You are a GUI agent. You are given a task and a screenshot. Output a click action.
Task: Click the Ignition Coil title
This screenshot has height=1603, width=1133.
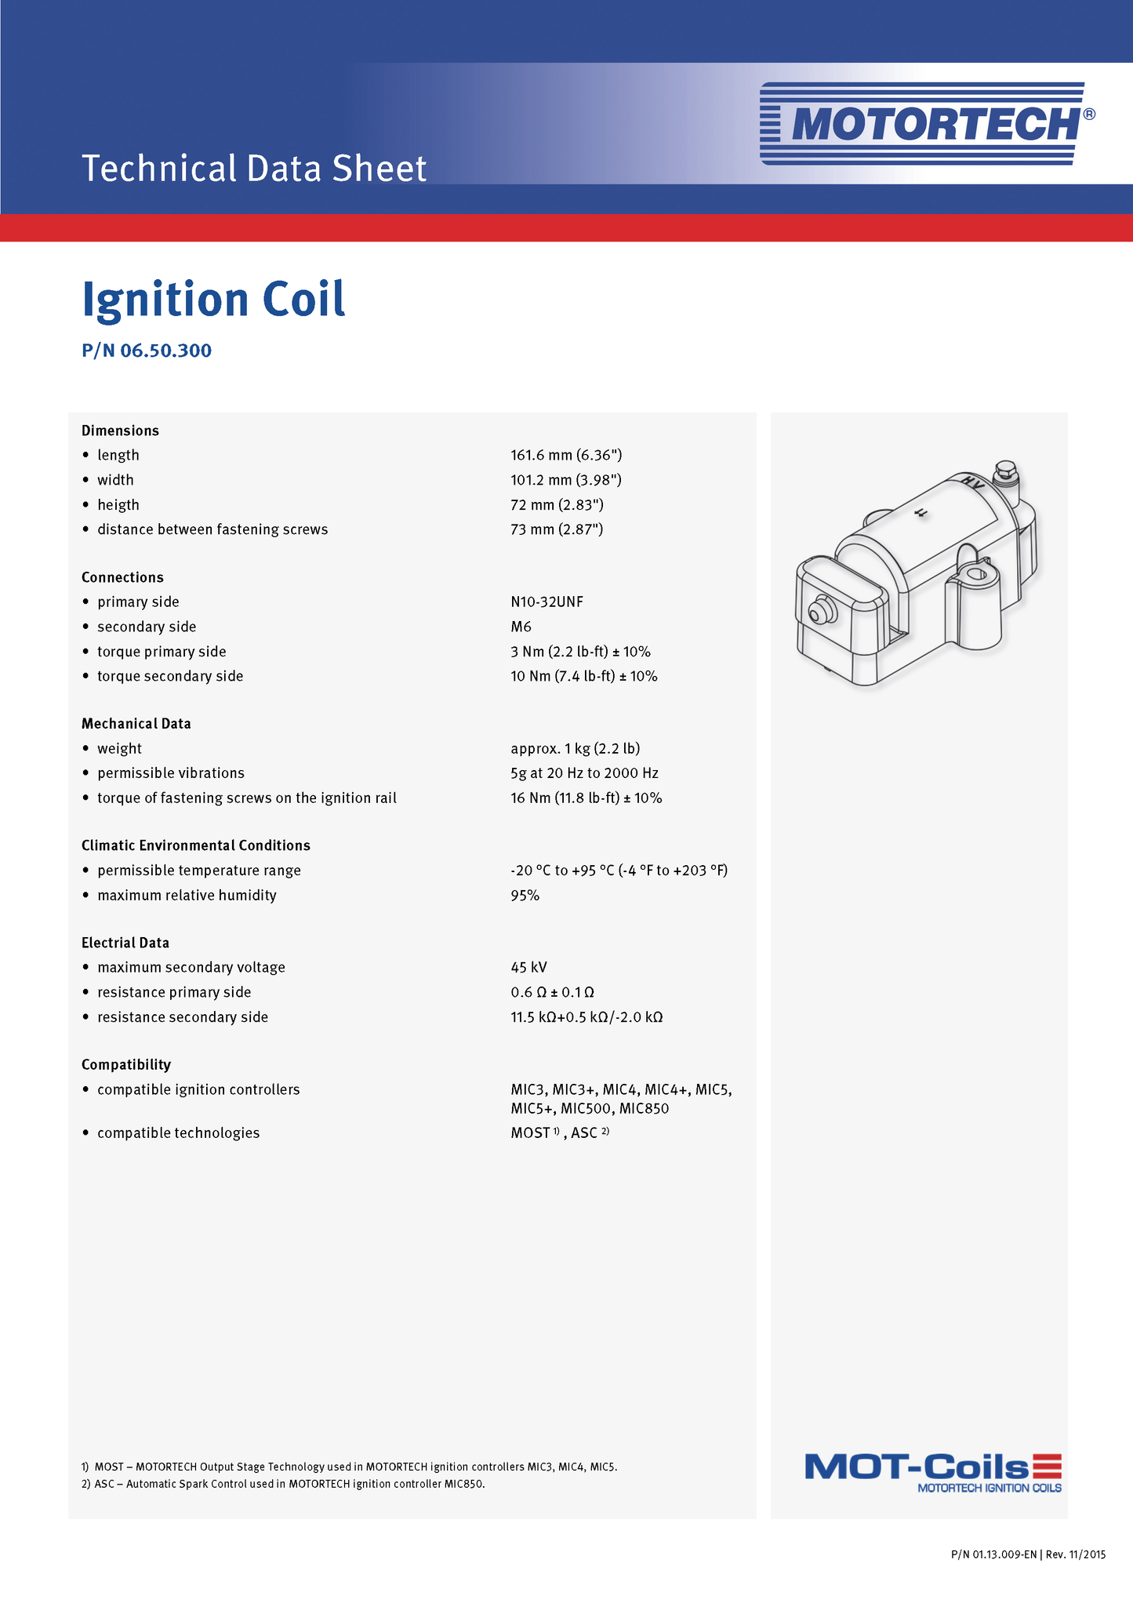click(213, 300)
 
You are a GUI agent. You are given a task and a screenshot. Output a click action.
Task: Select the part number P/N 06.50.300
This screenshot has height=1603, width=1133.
click(147, 351)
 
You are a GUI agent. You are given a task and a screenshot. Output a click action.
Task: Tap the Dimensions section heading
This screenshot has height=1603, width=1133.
click(120, 431)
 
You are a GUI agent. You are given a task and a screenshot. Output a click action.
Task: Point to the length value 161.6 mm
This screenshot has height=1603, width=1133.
click(566, 455)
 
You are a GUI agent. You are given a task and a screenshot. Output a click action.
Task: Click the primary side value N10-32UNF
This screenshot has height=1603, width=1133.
click(547, 602)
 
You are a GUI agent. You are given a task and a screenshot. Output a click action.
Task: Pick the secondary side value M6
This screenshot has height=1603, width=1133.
click(521, 627)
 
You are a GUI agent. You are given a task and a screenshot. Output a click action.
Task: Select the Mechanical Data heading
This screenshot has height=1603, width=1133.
click(136, 724)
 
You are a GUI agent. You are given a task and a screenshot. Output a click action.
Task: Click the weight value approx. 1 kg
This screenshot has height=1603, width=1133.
click(575, 748)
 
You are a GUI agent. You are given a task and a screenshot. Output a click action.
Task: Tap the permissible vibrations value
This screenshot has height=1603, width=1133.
click(584, 773)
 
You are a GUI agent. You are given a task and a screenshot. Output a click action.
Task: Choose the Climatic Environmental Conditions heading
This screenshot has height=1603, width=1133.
click(196, 845)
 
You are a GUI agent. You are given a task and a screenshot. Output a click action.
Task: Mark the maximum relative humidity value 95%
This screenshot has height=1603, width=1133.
click(525, 896)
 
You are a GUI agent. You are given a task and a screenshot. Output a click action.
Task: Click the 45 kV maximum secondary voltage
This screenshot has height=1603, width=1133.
click(528, 968)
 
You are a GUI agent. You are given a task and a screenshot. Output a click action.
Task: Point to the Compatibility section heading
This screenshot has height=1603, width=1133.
click(126, 1065)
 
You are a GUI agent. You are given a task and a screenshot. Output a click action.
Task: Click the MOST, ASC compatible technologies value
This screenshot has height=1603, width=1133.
click(559, 1133)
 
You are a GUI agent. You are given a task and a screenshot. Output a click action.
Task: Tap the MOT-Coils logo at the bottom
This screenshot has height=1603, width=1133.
click(933, 1472)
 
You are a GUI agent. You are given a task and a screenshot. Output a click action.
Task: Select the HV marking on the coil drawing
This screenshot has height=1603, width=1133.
click(973, 482)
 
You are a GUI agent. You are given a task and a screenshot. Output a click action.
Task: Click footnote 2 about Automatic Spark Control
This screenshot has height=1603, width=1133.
click(283, 1484)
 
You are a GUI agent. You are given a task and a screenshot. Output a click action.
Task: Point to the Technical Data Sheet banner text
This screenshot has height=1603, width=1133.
click(254, 169)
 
